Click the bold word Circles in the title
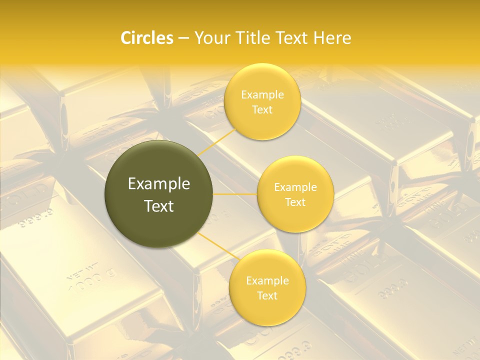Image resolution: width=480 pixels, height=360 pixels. [x=146, y=38]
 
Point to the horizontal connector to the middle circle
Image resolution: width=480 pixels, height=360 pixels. [x=235, y=194]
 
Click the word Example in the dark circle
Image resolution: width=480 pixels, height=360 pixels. [x=159, y=184]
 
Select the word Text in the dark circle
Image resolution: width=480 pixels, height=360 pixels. [x=159, y=206]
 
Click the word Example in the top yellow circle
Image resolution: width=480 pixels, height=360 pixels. [x=262, y=95]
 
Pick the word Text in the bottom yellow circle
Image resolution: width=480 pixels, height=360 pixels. [x=267, y=295]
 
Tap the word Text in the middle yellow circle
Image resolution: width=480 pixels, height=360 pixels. [x=295, y=202]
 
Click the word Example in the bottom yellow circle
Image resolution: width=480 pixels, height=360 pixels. [x=267, y=281]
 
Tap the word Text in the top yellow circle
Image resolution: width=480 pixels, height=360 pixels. [x=262, y=109]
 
